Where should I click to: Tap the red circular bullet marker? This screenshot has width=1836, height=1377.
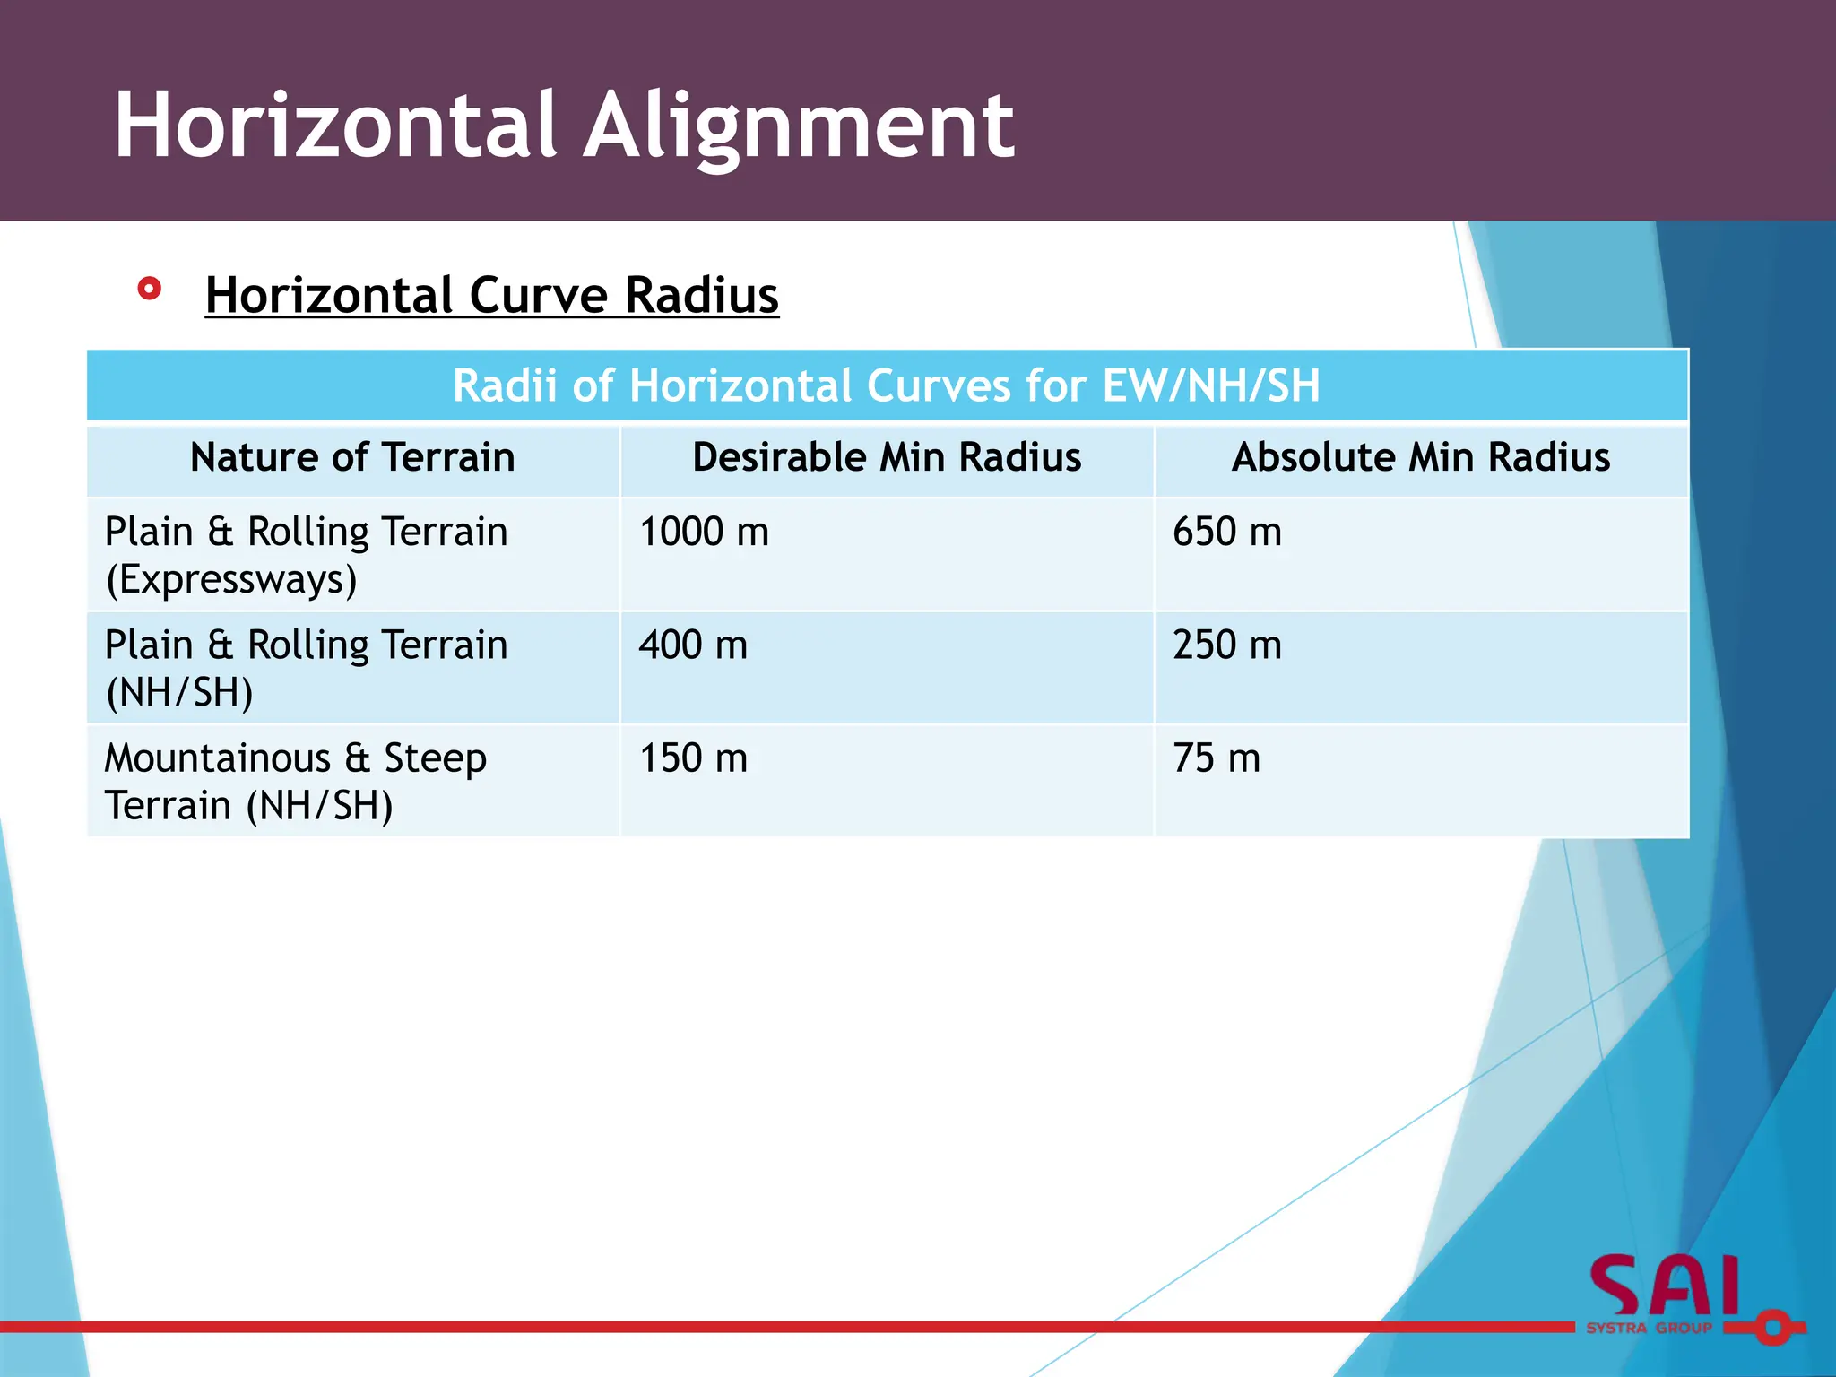pyautogui.click(x=150, y=289)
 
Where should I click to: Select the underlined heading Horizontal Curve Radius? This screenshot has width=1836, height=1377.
pyautogui.click(x=491, y=295)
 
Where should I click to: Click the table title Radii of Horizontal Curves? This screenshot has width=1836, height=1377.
pyautogui.click(x=886, y=385)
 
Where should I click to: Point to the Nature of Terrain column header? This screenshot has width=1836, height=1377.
pyautogui.click(x=352, y=457)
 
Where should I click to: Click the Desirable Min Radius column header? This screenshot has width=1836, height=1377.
pyautogui.click(x=887, y=457)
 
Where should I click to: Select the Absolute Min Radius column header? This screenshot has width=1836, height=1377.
pyautogui.click(x=1420, y=457)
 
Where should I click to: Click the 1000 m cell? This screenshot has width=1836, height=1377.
pyautogui.click(x=704, y=532)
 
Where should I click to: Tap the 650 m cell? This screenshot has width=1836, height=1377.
pyautogui.click(x=1226, y=532)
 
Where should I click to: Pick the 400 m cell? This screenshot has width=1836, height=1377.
pyautogui.click(x=693, y=645)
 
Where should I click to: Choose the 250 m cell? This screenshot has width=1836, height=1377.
pyautogui.click(x=1226, y=645)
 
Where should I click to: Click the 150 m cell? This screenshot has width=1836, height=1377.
pyautogui.click(x=693, y=758)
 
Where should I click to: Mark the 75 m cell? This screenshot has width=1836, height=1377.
pyautogui.click(x=1216, y=758)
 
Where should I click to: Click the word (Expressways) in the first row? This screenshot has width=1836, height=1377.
pyautogui.click(x=231, y=580)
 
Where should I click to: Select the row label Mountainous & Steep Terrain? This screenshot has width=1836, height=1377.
pyautogui.click(x=296, y=782)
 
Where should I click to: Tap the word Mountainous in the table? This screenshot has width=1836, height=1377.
pyautogui.click(x=218, y=758)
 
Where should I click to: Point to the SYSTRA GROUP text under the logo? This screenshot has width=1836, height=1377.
pyautogui.click(x=1649, y=1328)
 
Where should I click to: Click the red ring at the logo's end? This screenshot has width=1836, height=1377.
pyautogui.click(x=1772, y=1327)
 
